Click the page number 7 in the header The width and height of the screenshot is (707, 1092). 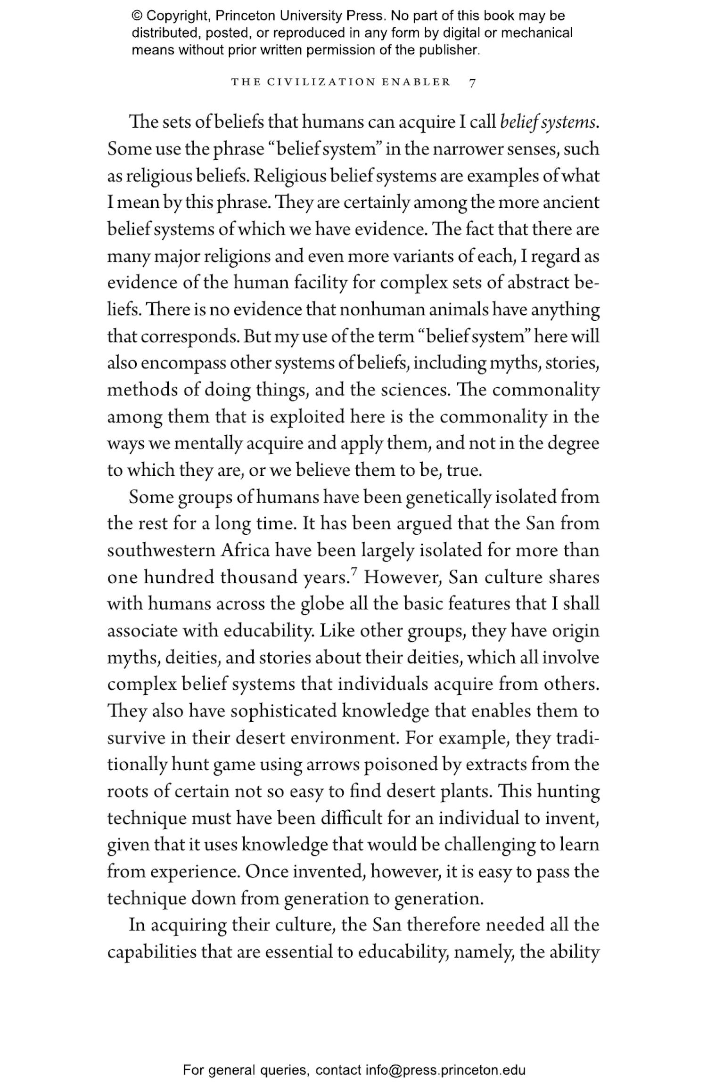click(473, 83)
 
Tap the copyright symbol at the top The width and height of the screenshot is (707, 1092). click(137, 16)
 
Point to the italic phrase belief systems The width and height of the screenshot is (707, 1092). click(549, 122)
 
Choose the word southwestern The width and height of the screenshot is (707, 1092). click(161, 550)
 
